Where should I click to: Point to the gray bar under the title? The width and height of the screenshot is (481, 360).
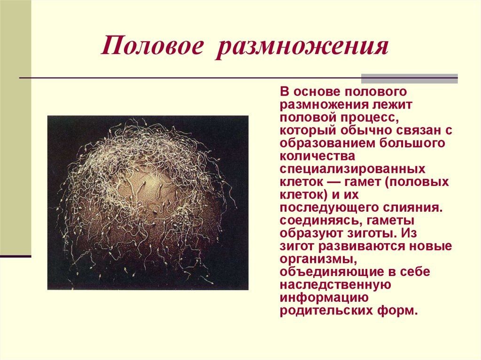point(409,78)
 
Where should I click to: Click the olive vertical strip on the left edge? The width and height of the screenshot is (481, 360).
point(16,127)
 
